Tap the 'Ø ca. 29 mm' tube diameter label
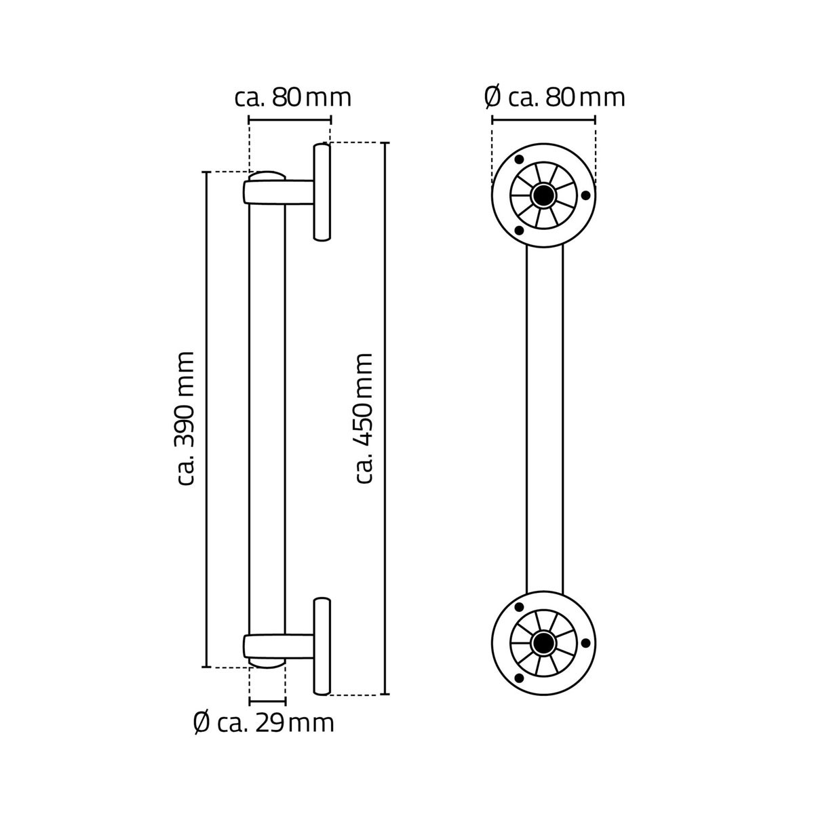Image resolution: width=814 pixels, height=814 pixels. pos(263,723)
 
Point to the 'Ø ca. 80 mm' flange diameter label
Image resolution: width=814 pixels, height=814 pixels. pos(555,98)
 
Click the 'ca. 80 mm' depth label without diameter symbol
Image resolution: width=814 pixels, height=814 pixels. pos(293,98)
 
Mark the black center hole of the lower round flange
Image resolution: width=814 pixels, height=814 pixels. pos(543,642)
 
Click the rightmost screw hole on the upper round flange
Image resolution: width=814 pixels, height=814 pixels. pos(586,196)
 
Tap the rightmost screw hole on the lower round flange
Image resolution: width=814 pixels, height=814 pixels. pos(586,642)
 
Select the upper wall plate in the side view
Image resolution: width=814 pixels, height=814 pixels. pos(322,192)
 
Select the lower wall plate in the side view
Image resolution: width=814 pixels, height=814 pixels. pos(322,646)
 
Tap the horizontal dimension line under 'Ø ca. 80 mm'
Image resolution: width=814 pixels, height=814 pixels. pos(543,120)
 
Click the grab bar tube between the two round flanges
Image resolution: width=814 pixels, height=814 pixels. pos(545,419)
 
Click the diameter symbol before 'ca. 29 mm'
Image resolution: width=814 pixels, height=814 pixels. pos(201,723)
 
